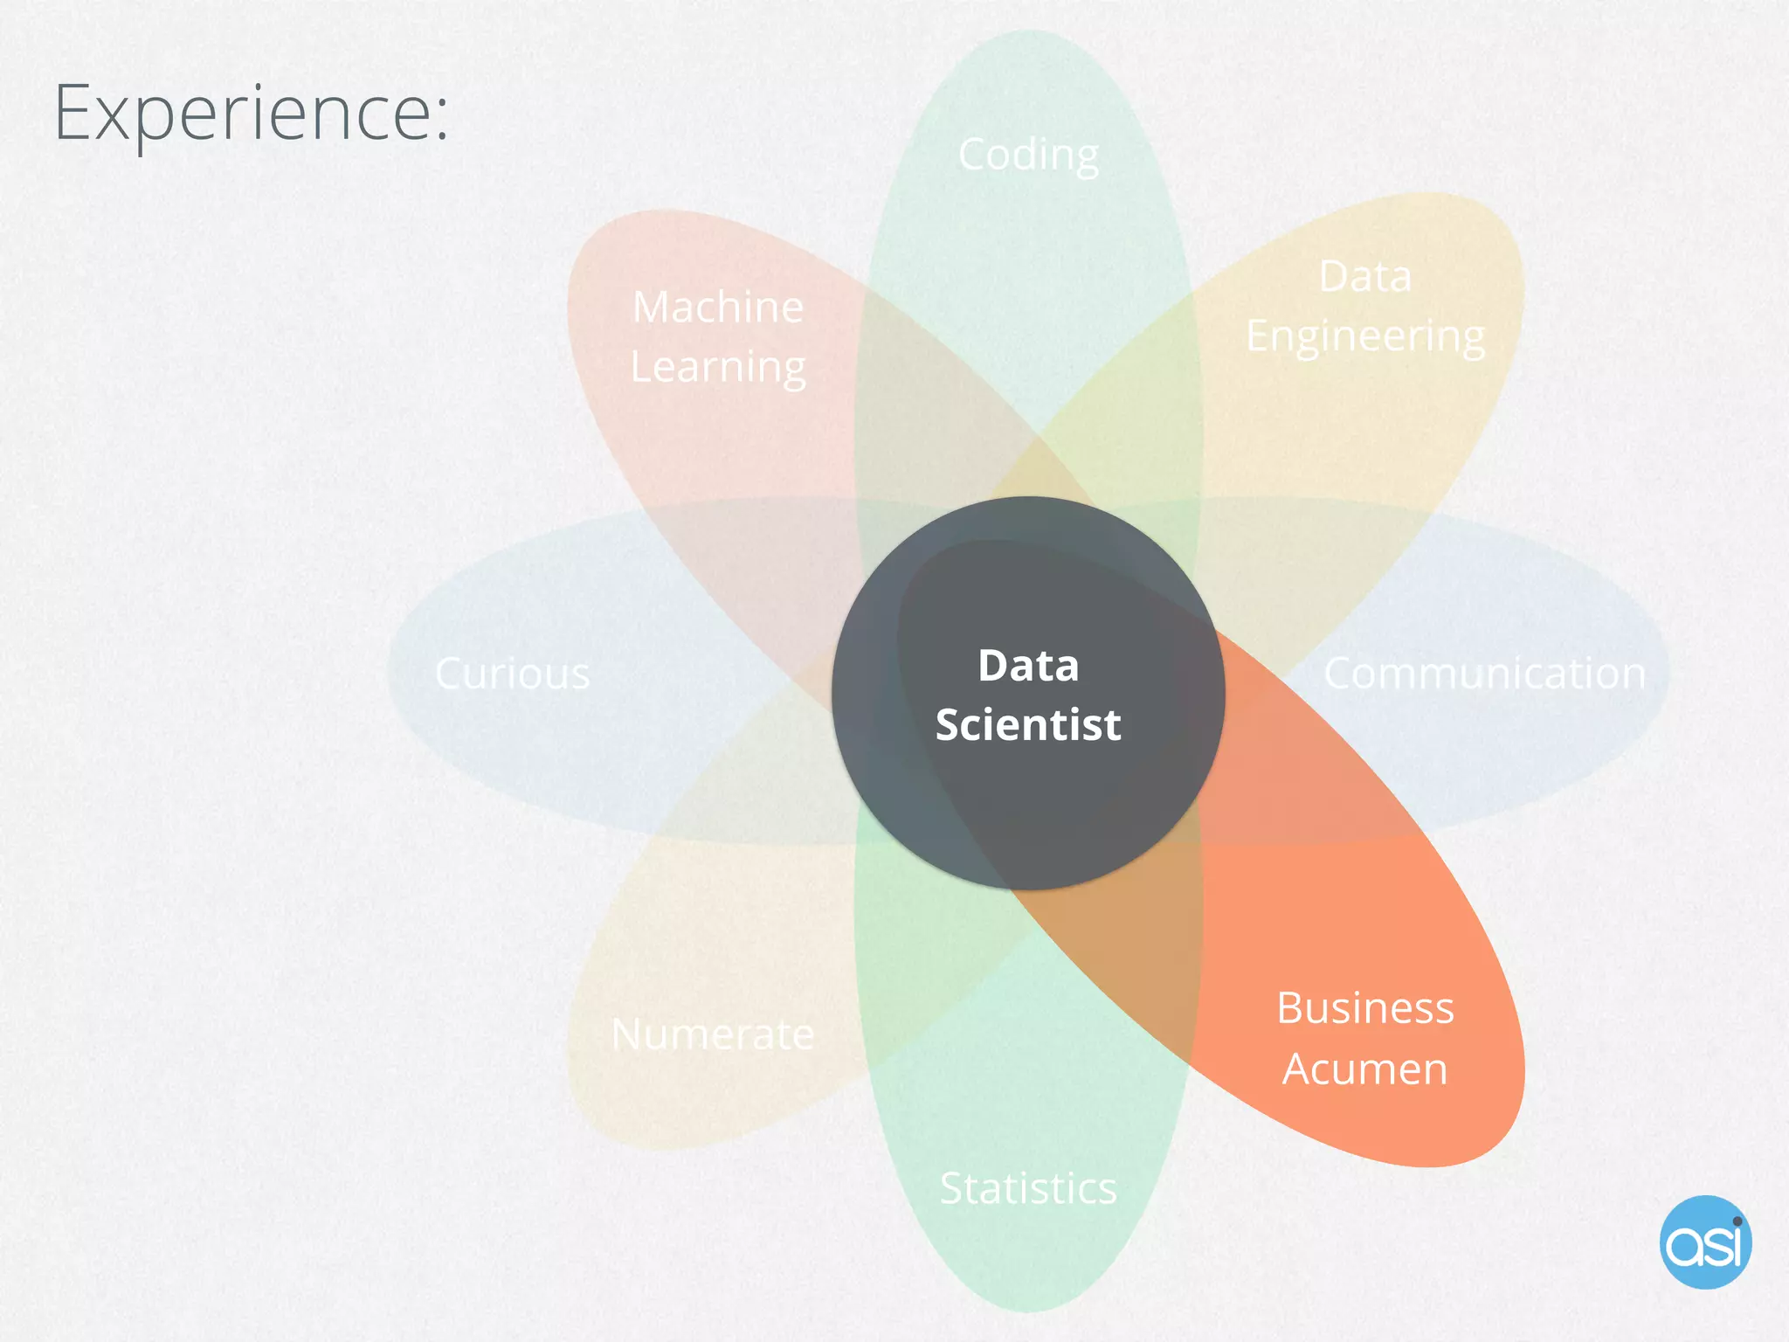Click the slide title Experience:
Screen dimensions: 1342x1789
251,113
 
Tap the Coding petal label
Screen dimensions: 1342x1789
1028,156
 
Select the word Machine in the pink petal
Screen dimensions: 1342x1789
718,308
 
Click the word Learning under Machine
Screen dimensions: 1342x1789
718,368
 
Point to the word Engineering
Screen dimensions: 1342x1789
1365,337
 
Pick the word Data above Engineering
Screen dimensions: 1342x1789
1365,277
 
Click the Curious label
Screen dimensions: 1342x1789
513,674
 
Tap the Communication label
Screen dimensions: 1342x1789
1484,674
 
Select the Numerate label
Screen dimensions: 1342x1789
713,1034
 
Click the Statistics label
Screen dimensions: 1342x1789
1028,1188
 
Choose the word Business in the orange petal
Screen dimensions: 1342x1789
1365,1008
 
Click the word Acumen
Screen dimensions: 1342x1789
1365,1069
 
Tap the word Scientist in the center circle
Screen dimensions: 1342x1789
1028,725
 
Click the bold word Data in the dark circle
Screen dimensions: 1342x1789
1028,666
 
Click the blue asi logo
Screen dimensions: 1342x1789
1705,1242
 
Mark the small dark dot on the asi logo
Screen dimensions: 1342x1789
1737,1221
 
